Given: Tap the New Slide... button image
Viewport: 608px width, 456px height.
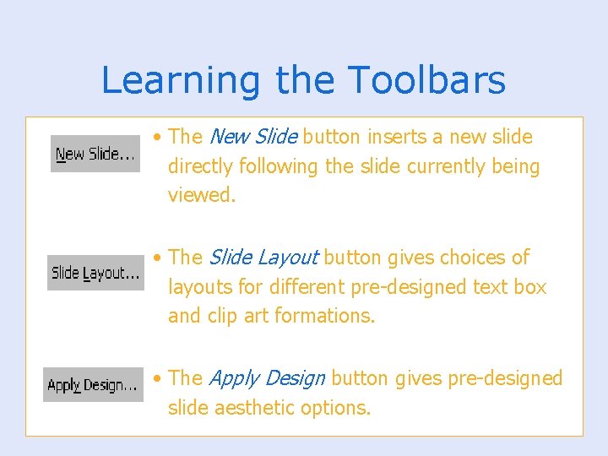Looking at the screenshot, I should pyautogui.click(x=95, y=154).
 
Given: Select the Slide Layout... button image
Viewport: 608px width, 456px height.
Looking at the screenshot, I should pyautogui.click(x=95, y=273).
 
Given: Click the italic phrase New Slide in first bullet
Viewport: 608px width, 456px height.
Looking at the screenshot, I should pyautogui.click(x=252, y=137).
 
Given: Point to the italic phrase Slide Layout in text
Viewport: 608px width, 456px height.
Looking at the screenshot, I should pyautogui.click(x=263, y=258).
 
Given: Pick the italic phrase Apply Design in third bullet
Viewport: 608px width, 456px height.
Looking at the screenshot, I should pyautogui.click(x=267, y=378).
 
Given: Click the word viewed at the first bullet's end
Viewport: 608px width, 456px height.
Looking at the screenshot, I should pyautogui.click(x=200, y=195).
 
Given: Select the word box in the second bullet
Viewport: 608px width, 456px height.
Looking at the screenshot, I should pyautogui.click(x=530, y=287).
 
